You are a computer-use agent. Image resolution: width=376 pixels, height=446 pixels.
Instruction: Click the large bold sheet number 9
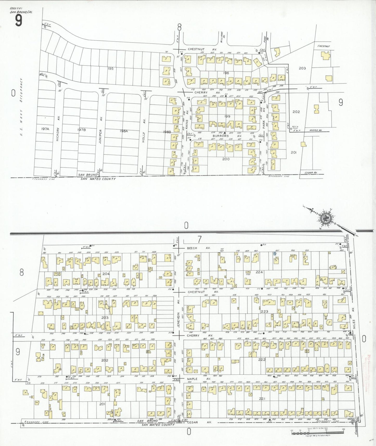18,21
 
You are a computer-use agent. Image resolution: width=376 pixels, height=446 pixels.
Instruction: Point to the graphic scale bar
317,432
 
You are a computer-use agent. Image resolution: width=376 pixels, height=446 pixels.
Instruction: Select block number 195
111,69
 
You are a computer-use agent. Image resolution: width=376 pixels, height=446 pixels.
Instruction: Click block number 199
227,116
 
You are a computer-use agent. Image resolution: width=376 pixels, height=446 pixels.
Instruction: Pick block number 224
259,272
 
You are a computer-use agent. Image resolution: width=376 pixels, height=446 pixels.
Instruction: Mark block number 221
262,398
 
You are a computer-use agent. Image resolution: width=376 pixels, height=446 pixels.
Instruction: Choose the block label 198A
124,131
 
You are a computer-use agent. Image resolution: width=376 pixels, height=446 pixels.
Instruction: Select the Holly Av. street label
143,130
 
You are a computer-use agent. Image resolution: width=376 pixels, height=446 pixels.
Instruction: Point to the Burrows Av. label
227,136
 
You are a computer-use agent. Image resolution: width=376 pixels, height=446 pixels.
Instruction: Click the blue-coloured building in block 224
275,253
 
